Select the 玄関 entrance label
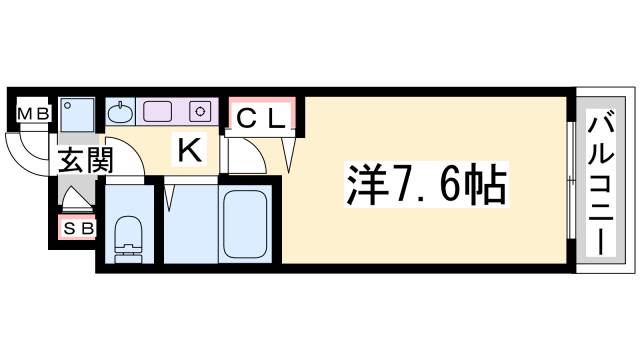pos(84,161)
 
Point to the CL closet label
pos(262,118)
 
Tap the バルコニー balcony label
pos(602,184)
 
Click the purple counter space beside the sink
pos(160,111)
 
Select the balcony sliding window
pos(570,182)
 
